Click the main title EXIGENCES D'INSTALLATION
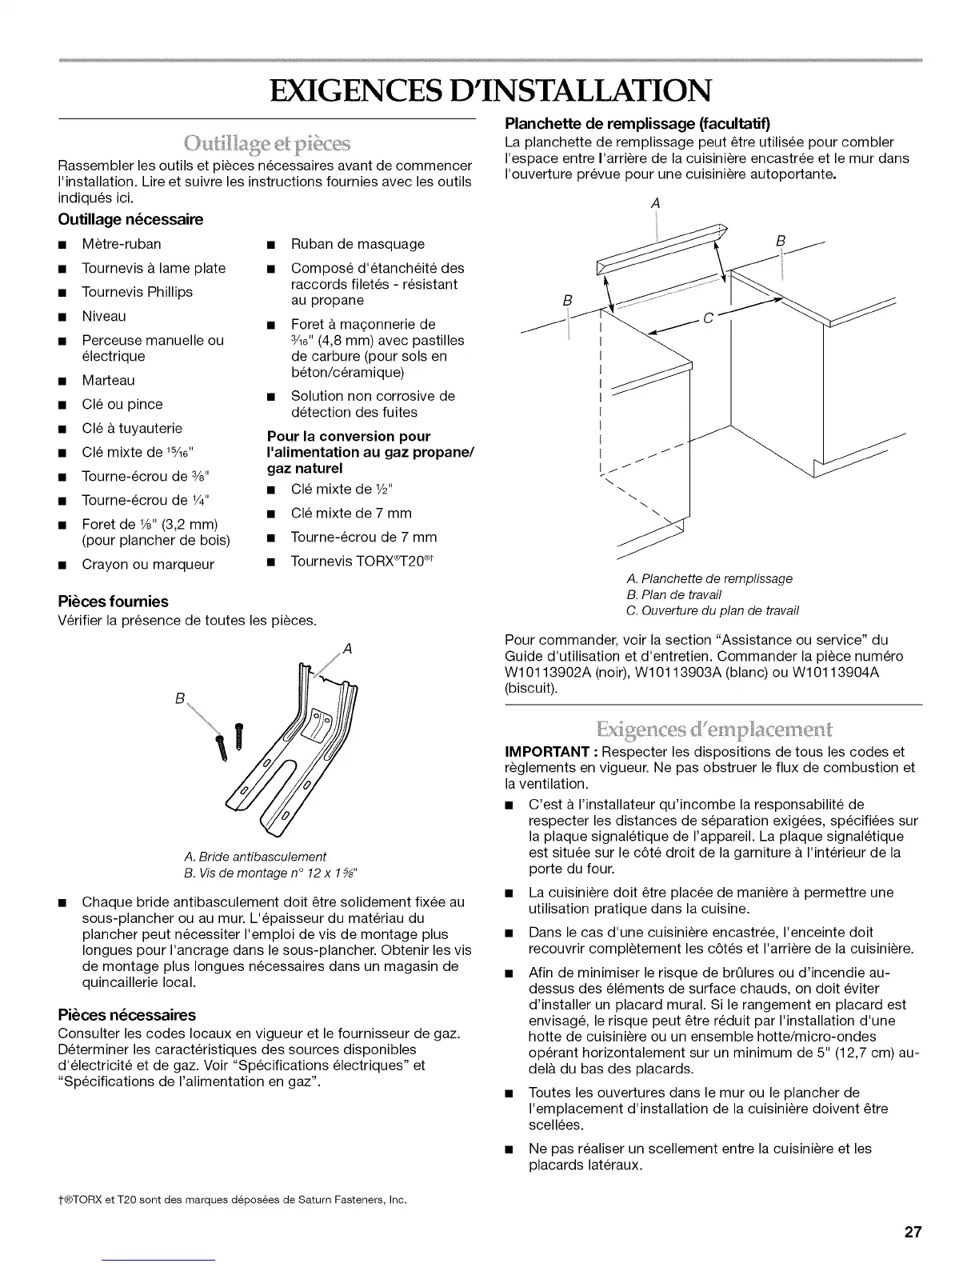coord(489,90)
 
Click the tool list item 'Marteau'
coord(108,380)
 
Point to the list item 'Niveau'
coord(104,316)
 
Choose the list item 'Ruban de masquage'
coord(358,244)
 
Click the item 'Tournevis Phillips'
coord(137,292)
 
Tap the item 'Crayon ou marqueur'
coord(148,565)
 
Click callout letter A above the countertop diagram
coord(656,204)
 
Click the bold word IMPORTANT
coord(548,752)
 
